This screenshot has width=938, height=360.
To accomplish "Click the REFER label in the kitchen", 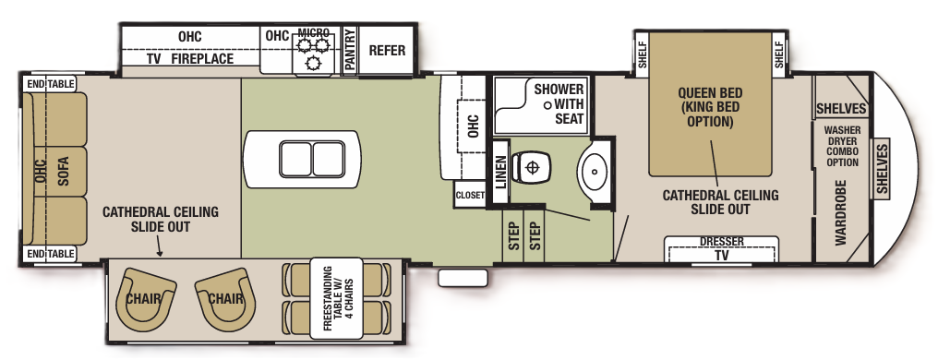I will click(387, 51).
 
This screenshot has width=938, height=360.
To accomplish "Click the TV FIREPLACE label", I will click(189, 59).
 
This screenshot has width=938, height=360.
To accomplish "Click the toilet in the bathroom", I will click(530, 168).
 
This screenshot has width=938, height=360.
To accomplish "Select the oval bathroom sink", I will click(592, 171).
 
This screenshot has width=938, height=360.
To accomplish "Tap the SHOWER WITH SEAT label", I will click(559, 104).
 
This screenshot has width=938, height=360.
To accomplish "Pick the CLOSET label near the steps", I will click(469, 196).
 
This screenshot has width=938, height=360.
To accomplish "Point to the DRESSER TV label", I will click(721, 247).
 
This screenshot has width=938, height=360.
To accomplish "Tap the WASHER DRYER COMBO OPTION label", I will click(842, 147).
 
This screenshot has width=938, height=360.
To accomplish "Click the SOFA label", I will click(64, 171).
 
